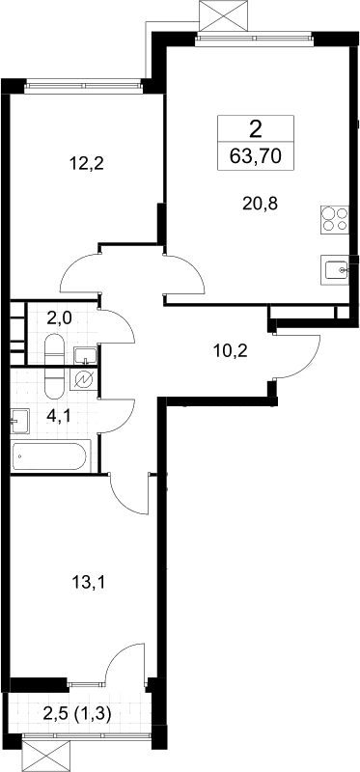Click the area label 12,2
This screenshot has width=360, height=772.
(x=88, y=162)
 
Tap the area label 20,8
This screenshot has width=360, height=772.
(x=261, y=202)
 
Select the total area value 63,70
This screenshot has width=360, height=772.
(x=256, y=156)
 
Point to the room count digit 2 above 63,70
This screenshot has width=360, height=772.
(x=256, y=129)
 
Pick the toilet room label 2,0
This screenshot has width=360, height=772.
(x=60, y=318)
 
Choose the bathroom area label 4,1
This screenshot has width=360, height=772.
(x=59, y=417)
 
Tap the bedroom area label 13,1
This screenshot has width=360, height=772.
(x=89, y=584)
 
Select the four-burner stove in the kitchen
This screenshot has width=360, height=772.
(x=335, y=220)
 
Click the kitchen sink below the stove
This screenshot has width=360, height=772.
(x=335, y=269)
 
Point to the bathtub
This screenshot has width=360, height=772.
(x=50, y=456)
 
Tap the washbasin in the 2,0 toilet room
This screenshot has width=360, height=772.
(x=85, y=354)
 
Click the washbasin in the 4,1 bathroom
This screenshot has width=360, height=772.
(x=19, y=421)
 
